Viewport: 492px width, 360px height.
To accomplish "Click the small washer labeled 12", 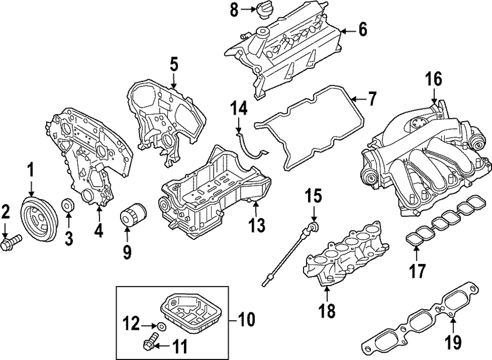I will [x=161, y=326].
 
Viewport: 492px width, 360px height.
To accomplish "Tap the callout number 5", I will [x=173, y=65].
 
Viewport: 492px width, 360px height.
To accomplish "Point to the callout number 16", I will [x=434, y=79].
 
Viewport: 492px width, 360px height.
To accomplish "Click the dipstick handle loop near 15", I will [x=311, y=226].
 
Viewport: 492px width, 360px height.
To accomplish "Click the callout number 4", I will [x=99, y=230].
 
